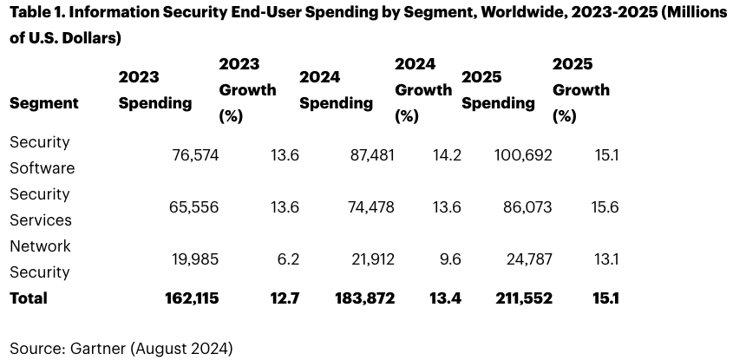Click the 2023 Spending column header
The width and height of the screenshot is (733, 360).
point(154,90)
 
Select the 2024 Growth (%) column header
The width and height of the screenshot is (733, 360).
point(423,90)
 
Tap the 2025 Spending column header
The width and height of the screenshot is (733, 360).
point(498,90)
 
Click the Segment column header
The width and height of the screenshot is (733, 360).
point(44,103)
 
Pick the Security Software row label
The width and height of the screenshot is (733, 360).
point(42,155)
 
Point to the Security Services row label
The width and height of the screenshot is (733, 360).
point(40,207)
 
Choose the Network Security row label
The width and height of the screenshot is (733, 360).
point(40,259)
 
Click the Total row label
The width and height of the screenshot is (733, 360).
point(29,298)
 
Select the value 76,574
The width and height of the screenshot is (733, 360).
point(191,155)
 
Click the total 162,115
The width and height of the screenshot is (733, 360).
point(192,298)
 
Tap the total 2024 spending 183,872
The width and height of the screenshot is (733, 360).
point(365,298)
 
